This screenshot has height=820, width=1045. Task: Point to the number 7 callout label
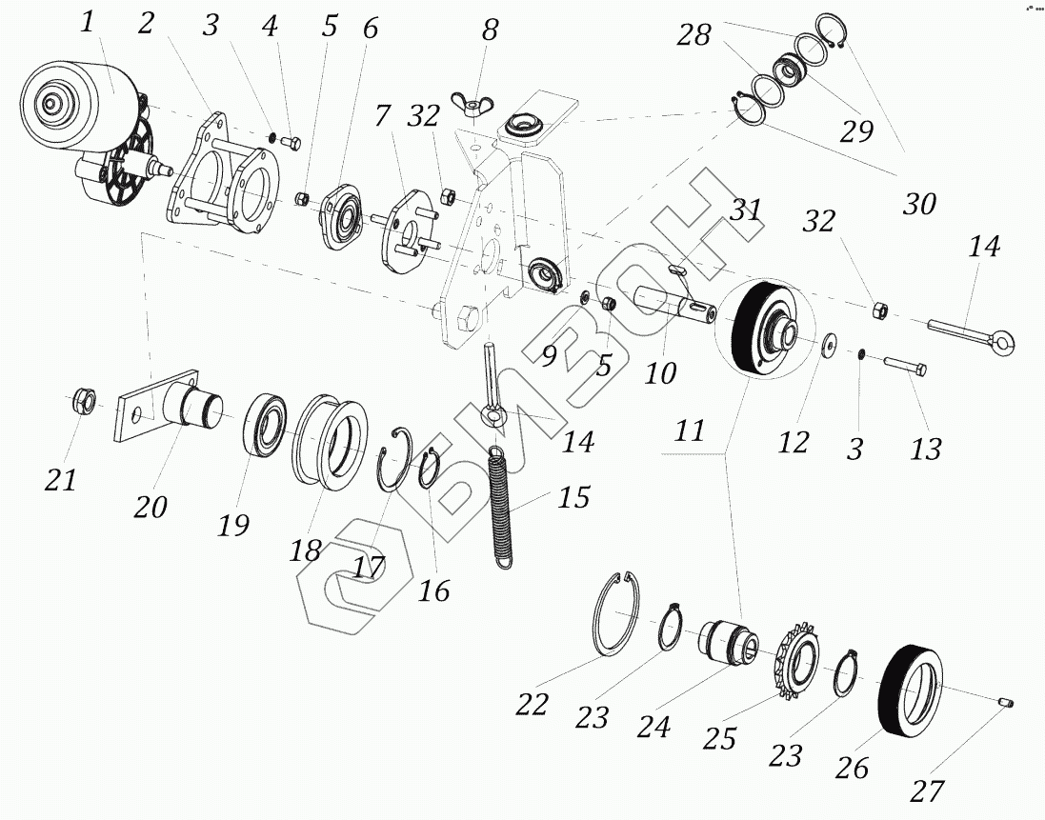pyautogui.click(x=381, y=117)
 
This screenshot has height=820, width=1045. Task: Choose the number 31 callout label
pyautogui.click(x=745, y=210)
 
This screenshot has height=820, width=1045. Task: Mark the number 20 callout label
pyautogui.click(x=151, y=506)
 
